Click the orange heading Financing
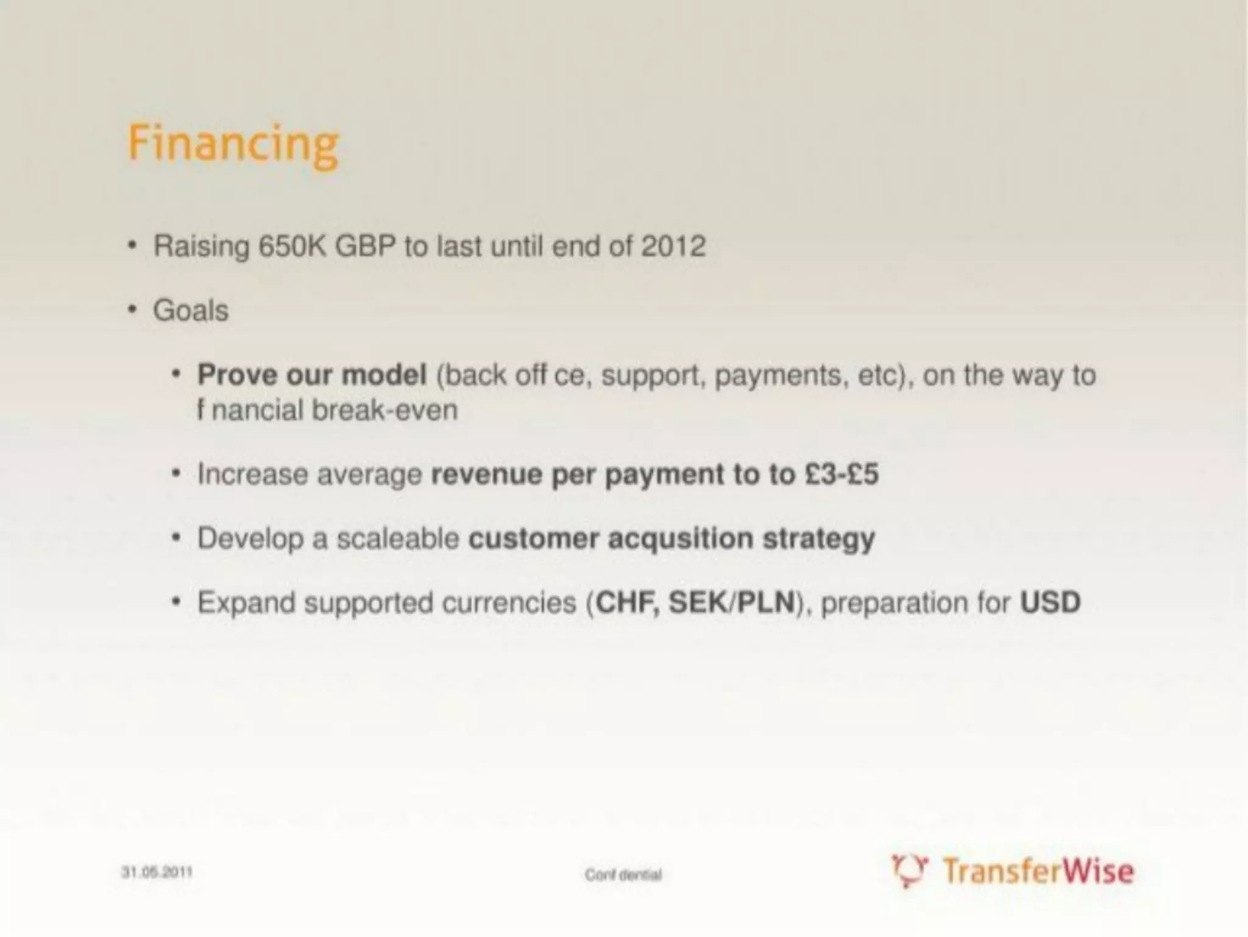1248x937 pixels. tap(233, 145)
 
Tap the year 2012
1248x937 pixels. tap(673, 247)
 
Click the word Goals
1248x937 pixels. tap(191, 311)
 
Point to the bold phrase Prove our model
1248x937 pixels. tap(311, 375)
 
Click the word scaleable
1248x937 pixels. tap(397, 539)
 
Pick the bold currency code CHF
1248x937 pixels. tap(627, 603)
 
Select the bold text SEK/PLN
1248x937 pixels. tap(732, 603)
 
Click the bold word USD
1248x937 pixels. tap(1050, 603)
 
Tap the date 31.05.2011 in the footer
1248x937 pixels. tap(157, 872)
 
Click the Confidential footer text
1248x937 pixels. tap(623, 875)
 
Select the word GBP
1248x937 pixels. tap(366, 247)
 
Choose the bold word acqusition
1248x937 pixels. tap(680, 539)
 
